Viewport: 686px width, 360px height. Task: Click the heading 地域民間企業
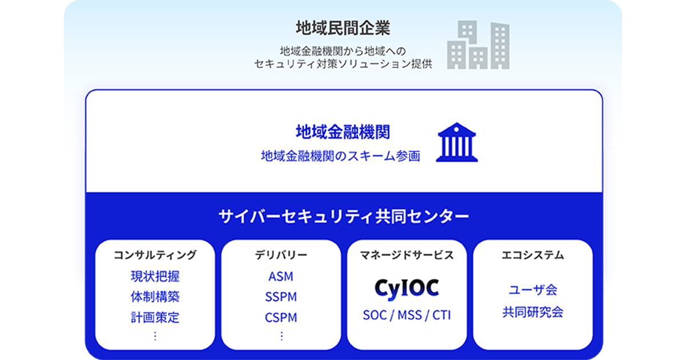343,28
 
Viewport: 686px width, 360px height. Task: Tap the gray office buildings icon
478,45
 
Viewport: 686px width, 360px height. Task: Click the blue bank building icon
457,142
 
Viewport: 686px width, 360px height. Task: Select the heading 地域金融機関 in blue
342,132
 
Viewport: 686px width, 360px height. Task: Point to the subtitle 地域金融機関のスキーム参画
341,156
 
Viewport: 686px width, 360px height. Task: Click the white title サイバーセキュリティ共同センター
344,217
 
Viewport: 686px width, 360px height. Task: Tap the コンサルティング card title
155,255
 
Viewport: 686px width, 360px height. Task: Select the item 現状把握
155,277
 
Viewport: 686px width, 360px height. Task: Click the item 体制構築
155,297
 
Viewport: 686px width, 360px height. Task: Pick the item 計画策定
155,318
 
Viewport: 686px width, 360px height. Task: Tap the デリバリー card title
281,255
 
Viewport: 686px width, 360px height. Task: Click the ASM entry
281,277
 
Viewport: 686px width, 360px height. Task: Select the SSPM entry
281,297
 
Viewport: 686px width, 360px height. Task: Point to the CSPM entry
281,318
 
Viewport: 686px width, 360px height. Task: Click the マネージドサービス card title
406,255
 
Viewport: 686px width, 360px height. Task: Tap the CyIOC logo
406,289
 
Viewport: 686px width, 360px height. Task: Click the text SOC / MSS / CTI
406,315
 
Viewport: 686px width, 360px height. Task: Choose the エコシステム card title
533,255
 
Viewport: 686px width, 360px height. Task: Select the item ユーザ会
533,290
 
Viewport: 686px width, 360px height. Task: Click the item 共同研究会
533,312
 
